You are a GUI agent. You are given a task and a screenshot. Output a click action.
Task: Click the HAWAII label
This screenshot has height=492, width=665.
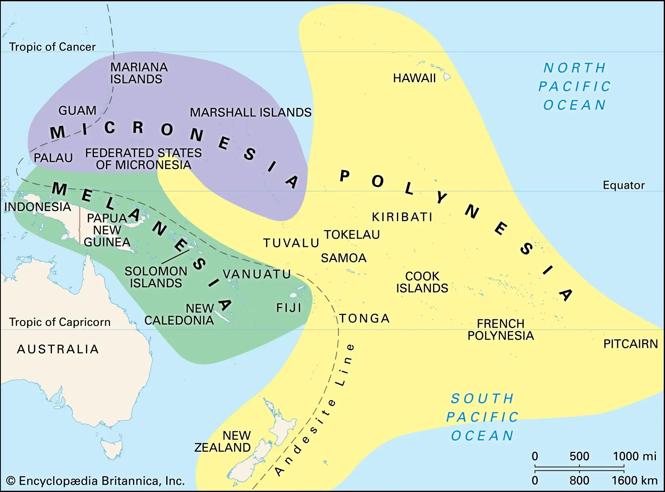pyautogui.click(x=414, y=78)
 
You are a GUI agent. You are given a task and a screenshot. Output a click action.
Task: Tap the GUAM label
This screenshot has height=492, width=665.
pyautogui.click(x=77, y=110)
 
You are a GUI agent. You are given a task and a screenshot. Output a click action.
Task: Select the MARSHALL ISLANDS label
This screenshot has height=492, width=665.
pyautogui.click(x=251, y=113)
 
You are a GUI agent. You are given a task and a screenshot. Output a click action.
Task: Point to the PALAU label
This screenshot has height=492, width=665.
pyautogui.click(x=53, y=158)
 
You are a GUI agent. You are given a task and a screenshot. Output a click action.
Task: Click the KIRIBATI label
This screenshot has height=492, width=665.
pyautogui.click(x=402, y=217)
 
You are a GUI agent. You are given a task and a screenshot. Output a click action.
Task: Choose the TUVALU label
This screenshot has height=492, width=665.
pyautogui.click(x=291, y=243)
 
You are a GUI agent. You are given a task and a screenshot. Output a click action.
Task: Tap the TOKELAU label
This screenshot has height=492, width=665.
pyautogui.click(x=352, y=235)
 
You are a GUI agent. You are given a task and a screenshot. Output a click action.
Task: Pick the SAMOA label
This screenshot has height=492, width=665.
pyautogui.click(x=344, y=258)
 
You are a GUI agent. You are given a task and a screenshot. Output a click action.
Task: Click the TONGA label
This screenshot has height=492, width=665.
pyautogui.click(x=365, y=318)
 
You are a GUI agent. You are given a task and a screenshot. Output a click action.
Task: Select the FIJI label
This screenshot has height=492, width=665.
pyautogui.click(x=288, y=308)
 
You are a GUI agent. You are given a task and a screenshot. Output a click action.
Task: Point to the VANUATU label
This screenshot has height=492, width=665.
pyautogui.click(x=257, y=274)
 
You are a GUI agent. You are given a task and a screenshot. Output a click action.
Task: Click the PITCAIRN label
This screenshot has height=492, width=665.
pyautogui.click(x=631, y=344)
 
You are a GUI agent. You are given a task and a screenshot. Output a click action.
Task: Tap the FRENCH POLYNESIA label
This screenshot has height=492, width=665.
pyautogui.click(x=500, y=330)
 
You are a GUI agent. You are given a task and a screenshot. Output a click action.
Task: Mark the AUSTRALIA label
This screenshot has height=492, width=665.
pyautogui.click(x=58, y=349)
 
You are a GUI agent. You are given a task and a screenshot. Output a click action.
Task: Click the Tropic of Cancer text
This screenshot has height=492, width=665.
pyautogui.click(x=52, y=47)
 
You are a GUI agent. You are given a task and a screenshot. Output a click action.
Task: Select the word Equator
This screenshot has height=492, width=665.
pyautogui.click(x=623, y=185)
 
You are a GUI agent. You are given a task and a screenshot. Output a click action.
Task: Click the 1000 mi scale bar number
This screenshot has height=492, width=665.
pyautogui.click(x=634, y=456)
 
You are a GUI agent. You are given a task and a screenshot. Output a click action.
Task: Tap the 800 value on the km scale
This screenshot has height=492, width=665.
pyautogui.click(x=579, y=480)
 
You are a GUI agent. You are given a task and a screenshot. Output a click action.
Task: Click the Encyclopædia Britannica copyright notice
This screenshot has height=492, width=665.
pyautogui.click(x=96, y=481)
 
